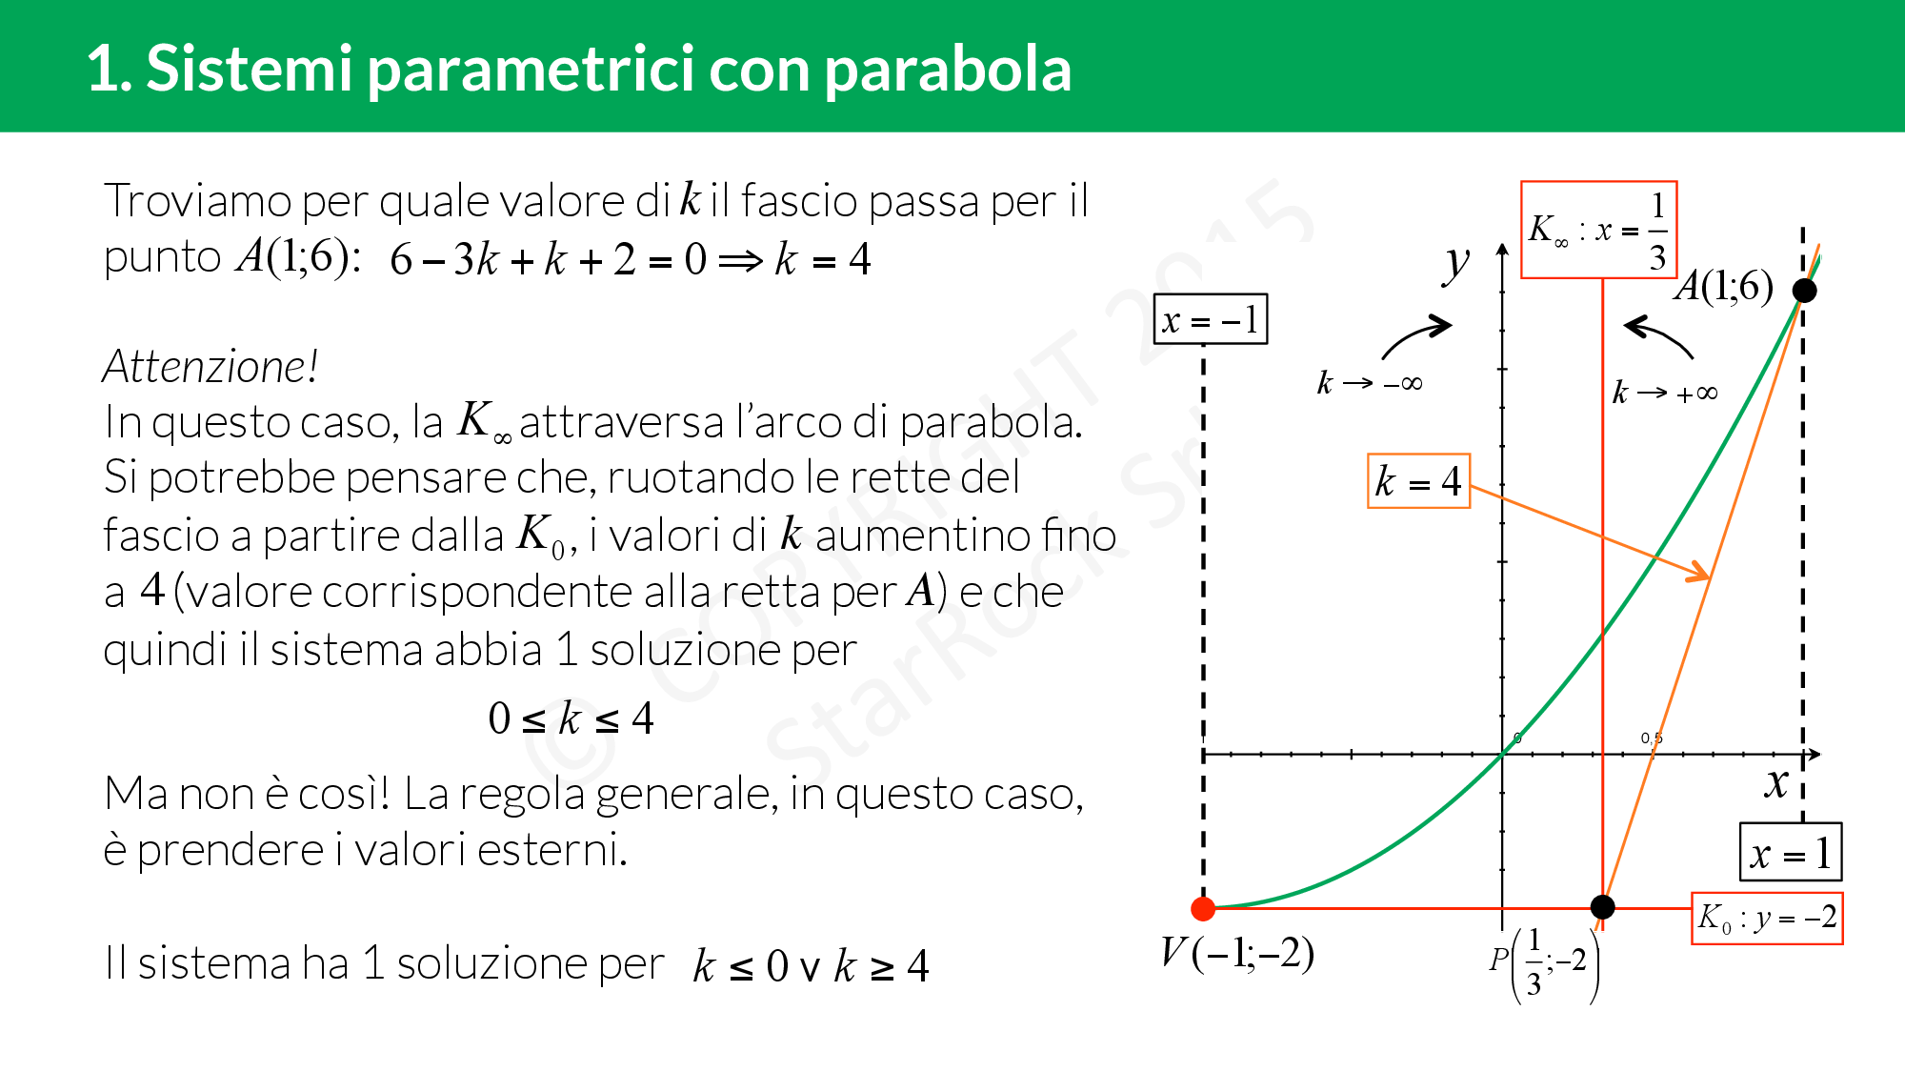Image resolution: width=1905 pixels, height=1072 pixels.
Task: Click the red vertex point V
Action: coord(1203,908)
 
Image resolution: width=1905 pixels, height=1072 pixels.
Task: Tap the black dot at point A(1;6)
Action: coord(1804,291)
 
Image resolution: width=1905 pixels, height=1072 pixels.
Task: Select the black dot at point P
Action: coord(1603,906)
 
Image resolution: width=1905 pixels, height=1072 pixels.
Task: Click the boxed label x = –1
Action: coord(1211,319)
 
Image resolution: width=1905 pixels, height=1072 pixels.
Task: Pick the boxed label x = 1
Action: coord(1791,852)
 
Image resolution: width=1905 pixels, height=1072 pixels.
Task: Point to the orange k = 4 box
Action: coord(1418,481)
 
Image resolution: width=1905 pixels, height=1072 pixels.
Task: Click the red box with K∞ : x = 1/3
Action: coord(1598,230)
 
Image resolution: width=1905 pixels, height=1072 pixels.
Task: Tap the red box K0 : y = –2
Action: coord(1767,918)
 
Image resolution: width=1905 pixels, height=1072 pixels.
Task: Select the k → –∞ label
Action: coord(1370,382)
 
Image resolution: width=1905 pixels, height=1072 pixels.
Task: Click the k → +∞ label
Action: coord(1665,392)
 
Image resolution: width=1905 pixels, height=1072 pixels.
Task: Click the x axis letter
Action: coord(1776,783)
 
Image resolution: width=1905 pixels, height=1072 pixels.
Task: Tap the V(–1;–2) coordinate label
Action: coord(1237,952)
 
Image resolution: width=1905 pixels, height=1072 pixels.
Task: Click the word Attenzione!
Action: coord(210,366)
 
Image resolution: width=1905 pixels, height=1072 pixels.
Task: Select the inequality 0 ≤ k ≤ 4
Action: coord(571,718)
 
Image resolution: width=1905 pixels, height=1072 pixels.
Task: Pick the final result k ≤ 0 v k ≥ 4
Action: coord(811,965)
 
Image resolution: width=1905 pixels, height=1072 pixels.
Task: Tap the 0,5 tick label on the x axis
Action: coord(1652,738)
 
